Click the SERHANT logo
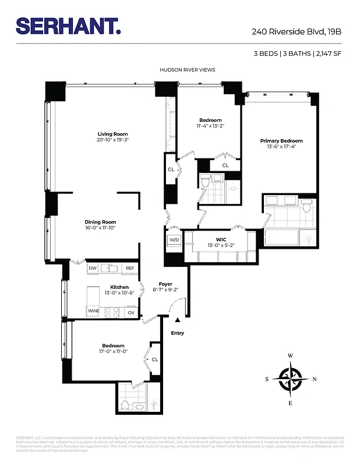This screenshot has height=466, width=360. click(68, 26)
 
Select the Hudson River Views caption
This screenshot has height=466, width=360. click(188, 70)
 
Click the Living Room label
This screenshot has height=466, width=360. click(112, 134)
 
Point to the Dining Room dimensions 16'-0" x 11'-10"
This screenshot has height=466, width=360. click(100, 228)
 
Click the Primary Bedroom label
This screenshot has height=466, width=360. click(281, 141)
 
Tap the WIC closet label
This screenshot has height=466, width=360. click(221, 239)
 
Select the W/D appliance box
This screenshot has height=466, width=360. click(174, 240)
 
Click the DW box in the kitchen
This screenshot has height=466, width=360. click(92, 268)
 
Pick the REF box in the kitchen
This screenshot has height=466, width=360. click(130, 268)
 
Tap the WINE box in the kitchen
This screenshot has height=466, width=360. click(94, 312)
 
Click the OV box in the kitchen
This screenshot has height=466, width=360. click(131, 312)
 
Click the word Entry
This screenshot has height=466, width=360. click(177, 333)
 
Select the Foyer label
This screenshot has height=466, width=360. click(166, 284)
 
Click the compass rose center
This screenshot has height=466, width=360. click(290, 379)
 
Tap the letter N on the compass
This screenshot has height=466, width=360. click(315, 379)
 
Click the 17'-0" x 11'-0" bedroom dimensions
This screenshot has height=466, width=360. click(113, 351)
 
